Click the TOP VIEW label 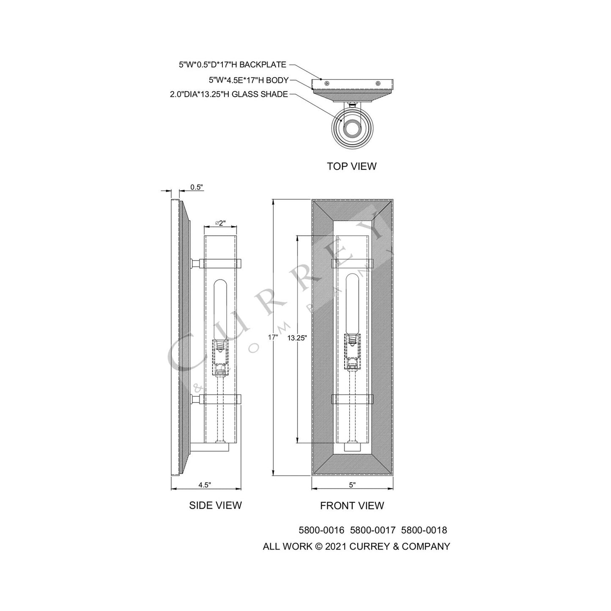351,166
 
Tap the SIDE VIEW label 215,505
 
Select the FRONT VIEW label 352,505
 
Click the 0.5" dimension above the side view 197,187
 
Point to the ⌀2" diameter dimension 220,223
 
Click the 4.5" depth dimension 205,485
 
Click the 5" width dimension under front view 352,485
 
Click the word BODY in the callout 277,80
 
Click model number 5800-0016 321,530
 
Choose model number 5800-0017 373,530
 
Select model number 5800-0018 424,530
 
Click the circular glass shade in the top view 352,127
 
